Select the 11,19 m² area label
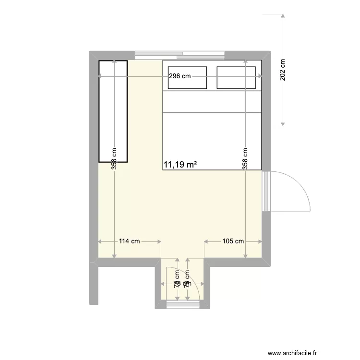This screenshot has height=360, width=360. (x=180, y=165)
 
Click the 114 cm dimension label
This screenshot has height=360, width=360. (x=129, y=241)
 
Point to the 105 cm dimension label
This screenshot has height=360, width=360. (x=233, y=241)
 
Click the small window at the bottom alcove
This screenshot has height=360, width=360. (x=182, y=303)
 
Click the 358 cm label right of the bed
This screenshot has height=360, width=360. (x=245, y=158)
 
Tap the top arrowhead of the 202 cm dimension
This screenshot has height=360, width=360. (x=283, y=16)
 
